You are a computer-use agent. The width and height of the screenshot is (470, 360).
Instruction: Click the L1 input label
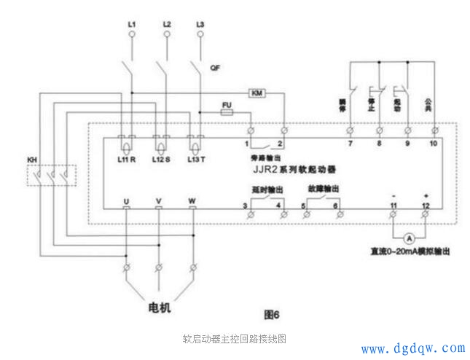click(x=132, y=26)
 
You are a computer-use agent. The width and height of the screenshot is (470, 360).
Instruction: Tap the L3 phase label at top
click(x=200, y=26)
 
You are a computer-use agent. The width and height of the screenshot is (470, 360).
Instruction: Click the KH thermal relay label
click(x=32, y=159)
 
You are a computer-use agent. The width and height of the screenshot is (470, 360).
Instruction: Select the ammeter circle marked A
click(x=410, y=238)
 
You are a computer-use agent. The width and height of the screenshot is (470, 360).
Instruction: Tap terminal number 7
click(x=350, y=144)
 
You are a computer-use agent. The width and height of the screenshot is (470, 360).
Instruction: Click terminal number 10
click(x=435, y=144)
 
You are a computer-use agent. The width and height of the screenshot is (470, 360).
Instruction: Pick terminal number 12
click(x=426, y=207)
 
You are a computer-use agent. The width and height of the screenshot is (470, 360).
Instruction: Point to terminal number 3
click(x=245, y=207)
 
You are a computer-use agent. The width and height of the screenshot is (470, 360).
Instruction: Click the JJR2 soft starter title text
click(x=284, y=168)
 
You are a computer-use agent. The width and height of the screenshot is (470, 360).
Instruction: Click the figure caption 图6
click(x=271, y=314)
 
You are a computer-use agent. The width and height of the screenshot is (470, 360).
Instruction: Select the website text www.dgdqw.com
click(x=413, y=348)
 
